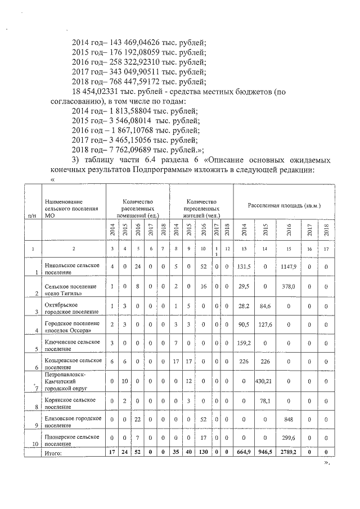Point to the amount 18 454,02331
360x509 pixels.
click(93, 92)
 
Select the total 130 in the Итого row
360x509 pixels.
click(202, 452)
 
